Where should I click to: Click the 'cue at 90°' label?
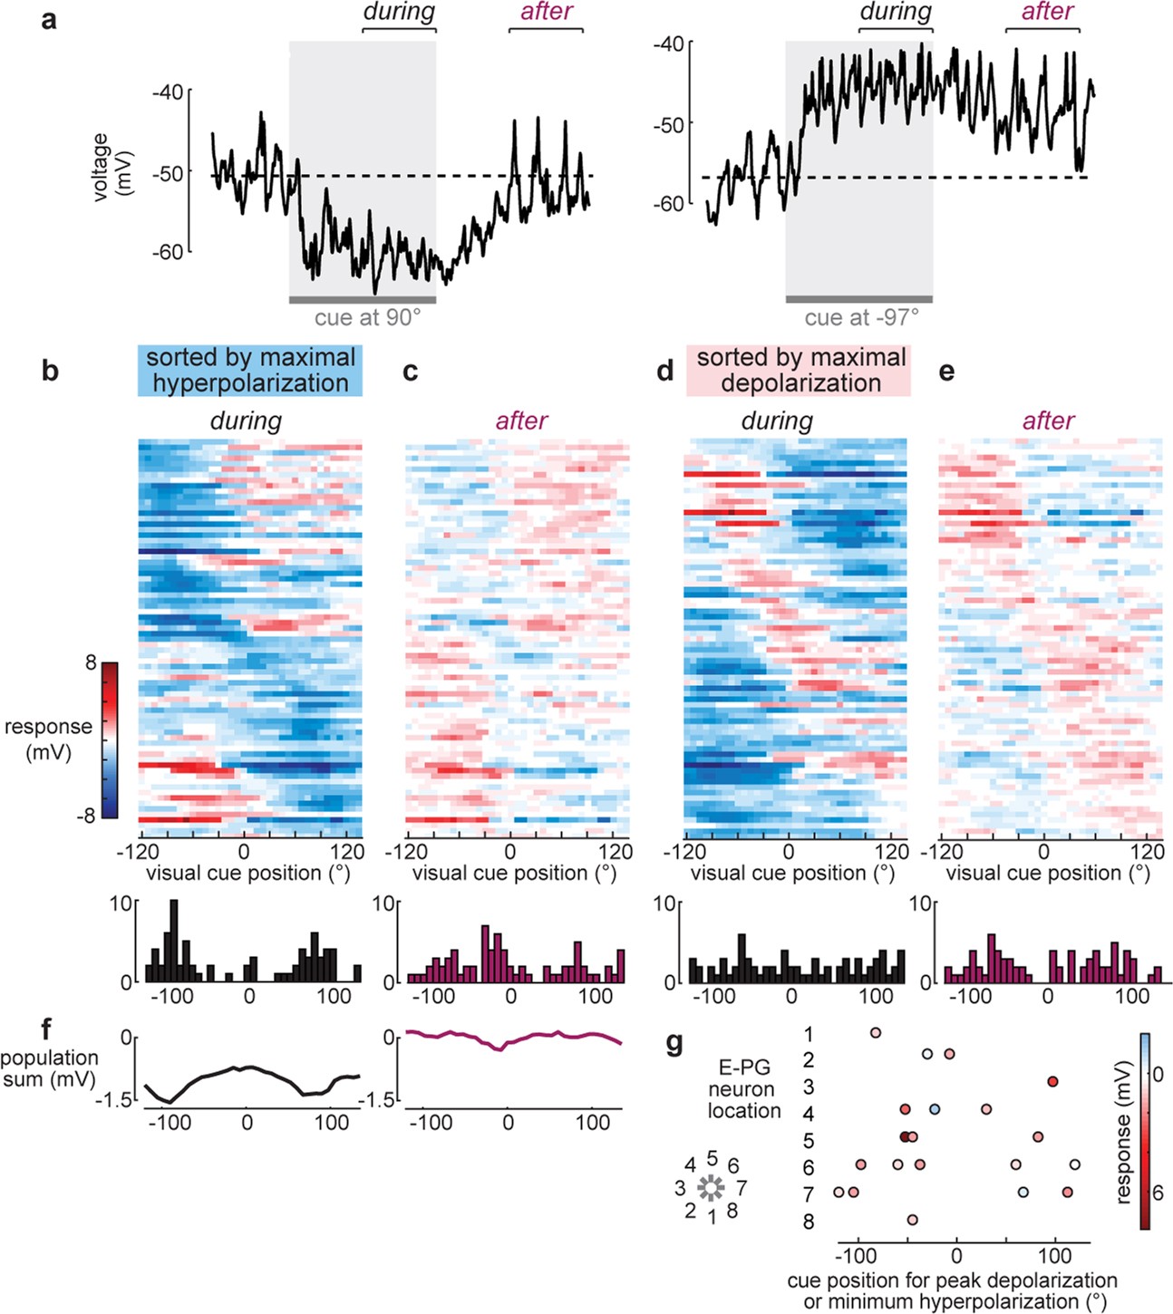(x=367, y=318)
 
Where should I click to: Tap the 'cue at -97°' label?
(x=861, y=318)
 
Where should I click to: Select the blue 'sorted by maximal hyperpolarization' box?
(x=250, y=370)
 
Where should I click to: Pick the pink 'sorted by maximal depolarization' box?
(x=799, y=370)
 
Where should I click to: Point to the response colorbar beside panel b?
(x=110, y=739)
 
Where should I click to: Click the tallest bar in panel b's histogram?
(x=174, y=941)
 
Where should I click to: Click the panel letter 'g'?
(x=674, y=1045)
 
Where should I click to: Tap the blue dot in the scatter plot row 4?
(x=935, y=1109)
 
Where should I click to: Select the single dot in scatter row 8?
(x=912, y=1220)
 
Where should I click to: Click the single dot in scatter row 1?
(x=875, y=1032)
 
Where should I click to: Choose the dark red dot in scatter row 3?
(x=1052, y=1081)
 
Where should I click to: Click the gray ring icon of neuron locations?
(x=712, y=1187)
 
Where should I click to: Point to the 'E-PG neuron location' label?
(x=743, y=1089)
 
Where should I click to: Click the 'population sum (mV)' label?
(x=50, y=1068)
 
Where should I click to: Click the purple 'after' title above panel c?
(x=521, y=421)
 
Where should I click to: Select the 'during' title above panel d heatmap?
(x=777, y=421)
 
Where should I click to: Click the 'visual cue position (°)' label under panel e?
(x=1047, y=873)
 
